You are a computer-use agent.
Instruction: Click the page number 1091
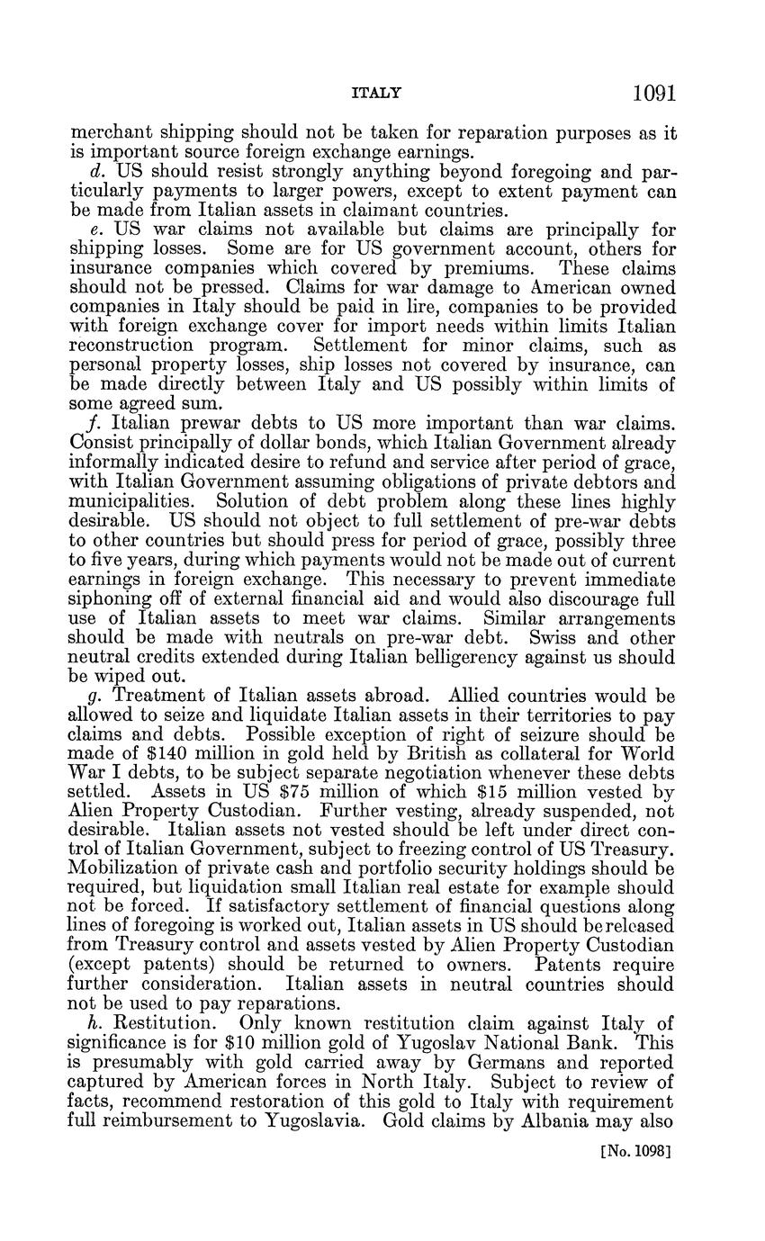pos(653,94)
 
